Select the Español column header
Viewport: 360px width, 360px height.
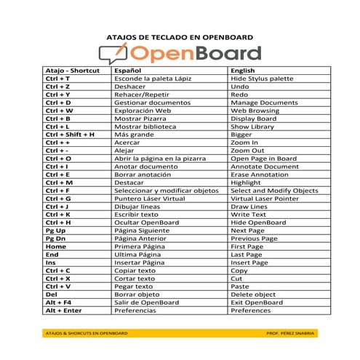pyautogui.click(x=127, y=70)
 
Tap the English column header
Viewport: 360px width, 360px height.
pyautogui.click(x=244, y=70)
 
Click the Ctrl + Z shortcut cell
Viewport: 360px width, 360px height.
pyautogui.click(x=58, y=86)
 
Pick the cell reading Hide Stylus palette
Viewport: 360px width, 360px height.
pyautogui.click(x=262, y=78)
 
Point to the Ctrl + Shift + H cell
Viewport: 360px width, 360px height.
pyautogui.click(x=70, y=135)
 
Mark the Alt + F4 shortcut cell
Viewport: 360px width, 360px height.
pyautogui.click(x=59, y=303)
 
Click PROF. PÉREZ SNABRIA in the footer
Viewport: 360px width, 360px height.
pyautogui.click(x=291, y=333)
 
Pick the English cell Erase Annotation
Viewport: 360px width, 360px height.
pyautogui.click(x=260, y=175)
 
